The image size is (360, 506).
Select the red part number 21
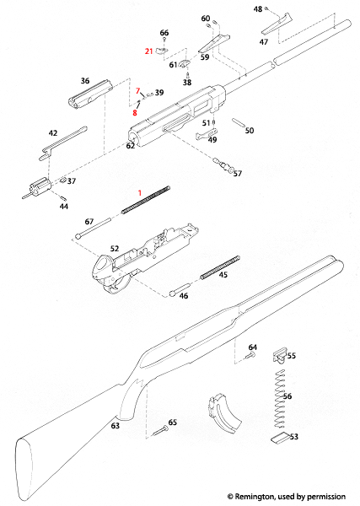[x=149, y=51]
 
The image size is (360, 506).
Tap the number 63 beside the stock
[x=115, y=427]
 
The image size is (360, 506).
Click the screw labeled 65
[x=160, y=431]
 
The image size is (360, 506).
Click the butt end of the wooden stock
[x=25, y=464]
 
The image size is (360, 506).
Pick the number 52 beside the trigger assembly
[x=116, y=250]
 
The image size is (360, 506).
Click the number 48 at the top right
[x=258, y=9]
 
